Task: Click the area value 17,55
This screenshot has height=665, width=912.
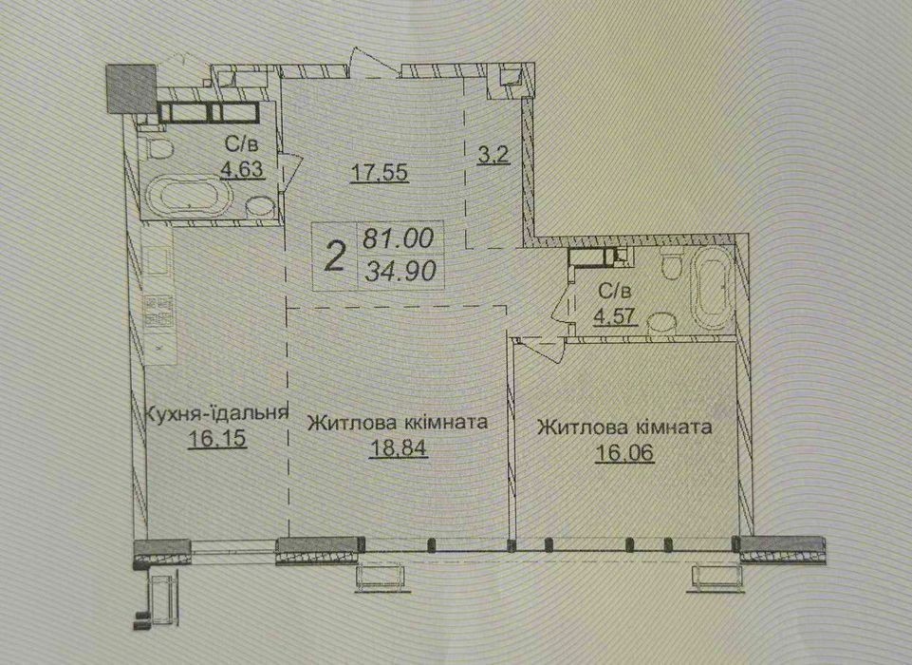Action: (x=381, y=172)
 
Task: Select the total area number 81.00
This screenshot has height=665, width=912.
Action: (x=399, y=237)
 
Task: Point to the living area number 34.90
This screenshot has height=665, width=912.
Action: (x=400, y=271)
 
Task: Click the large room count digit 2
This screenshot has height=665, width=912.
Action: (x=334, y=256)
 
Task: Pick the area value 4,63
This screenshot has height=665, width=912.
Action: (x=242, y=168)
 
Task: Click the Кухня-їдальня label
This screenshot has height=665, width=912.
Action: (x=215, y=413)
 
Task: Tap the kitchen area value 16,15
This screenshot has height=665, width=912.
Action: (x=217, y=438)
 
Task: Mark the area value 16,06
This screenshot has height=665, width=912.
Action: (x=624, y=452)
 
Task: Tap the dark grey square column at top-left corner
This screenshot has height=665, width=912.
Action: (x=131, y=88)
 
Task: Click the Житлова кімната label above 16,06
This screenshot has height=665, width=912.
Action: (x=624, y=427)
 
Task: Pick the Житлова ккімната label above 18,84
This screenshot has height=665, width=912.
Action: (x=398, y=422)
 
